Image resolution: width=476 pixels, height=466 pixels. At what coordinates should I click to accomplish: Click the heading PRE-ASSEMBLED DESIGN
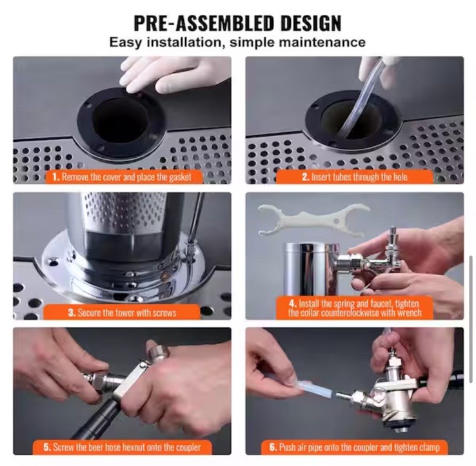click(x=237, y=23)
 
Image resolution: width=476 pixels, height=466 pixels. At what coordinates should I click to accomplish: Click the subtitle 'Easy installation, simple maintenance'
click(x=237, y=43)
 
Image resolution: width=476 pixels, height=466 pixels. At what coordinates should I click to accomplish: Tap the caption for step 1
click(x=122, y=177)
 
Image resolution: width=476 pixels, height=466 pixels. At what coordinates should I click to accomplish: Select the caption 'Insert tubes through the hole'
click(x=355, y=177)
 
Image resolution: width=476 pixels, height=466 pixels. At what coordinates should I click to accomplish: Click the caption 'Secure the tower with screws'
click(x=122, y=312)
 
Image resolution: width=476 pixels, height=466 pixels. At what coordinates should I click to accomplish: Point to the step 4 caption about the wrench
click(x=355, y=307)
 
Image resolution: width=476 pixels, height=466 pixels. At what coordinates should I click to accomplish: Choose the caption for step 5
click(x=122, y=447)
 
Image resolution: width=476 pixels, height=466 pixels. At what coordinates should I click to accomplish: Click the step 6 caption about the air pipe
click(x=355, y=447)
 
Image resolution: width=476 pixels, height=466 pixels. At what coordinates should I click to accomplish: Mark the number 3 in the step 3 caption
click(x=72, y=312)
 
